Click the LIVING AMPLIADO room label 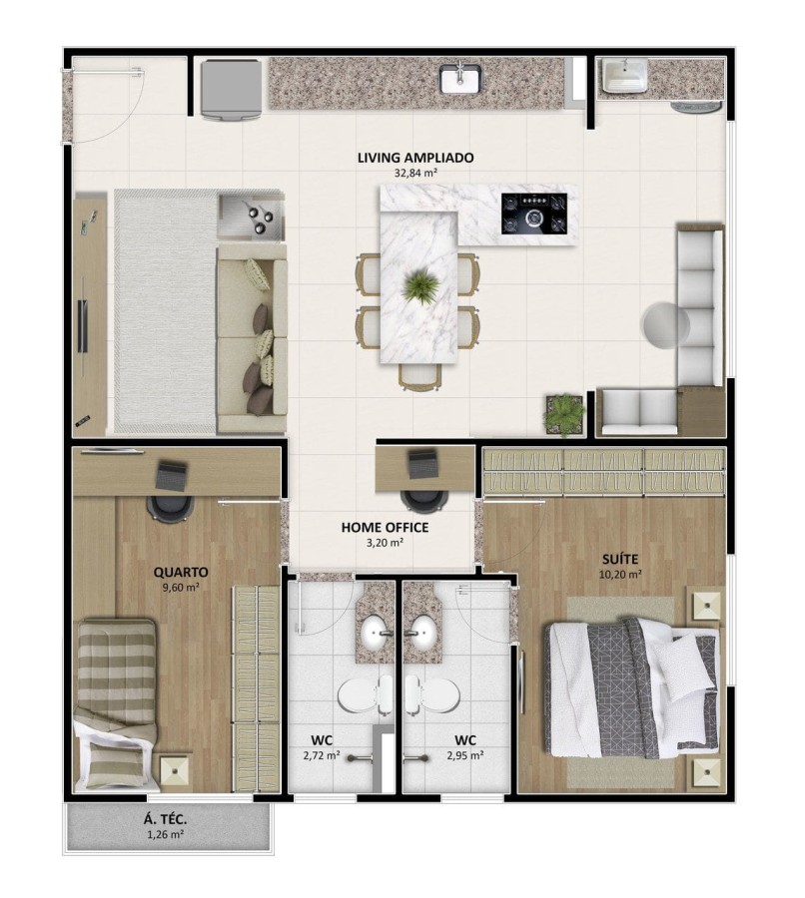point(414,158)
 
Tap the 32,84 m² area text point(414,173)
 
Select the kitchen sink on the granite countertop point(460,78)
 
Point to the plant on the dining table point(420,287)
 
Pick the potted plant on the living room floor point(565,411)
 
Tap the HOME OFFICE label point(385,527)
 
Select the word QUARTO point(181,572)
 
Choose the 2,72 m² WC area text point(322,756)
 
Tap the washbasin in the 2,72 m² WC point(376,632)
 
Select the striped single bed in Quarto point(117,688)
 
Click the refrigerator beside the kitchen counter point(232,89)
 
